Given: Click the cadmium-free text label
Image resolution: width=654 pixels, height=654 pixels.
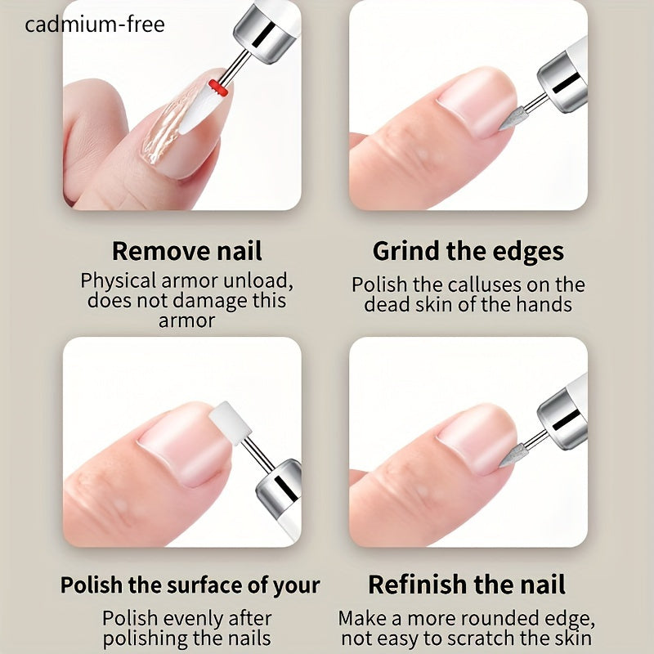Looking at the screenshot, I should pyautogui.click(x=95, y=25).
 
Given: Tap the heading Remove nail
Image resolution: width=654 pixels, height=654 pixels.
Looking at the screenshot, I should pyautogui.click(x=186, y=251).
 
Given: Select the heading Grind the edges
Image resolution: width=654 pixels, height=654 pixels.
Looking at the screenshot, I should pyautogui.click(x=468, y=251).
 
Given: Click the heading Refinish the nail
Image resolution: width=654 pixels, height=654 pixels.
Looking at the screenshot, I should pyautogui.click(x=467, y=585).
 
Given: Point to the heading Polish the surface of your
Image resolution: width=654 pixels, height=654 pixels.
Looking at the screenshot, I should pyautogui.click(x=190, y=585).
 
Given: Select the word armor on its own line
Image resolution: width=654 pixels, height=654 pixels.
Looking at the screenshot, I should pyautogui.click(x=186, y=320).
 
